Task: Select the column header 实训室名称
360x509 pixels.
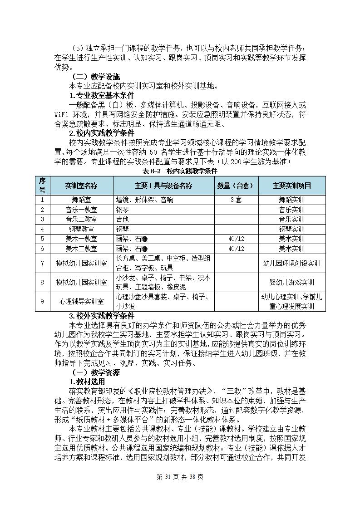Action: coord(81,186)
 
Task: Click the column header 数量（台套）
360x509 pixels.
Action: coord(236,186)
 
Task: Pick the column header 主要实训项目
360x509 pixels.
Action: coord(291,186)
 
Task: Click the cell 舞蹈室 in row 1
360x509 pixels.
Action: coord(81,200)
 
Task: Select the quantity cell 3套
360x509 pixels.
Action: coord(236,200)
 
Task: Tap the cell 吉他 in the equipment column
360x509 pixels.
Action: coord(123,219)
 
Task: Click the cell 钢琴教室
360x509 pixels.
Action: coord(81,229)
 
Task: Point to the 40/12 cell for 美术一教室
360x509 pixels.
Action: coord(236,239)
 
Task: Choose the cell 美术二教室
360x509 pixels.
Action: coord(81,249)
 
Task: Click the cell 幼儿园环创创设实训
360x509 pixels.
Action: coord(291,263)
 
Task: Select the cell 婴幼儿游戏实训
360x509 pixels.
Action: coord(291,282)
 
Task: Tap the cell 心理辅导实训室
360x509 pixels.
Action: coord(81,302)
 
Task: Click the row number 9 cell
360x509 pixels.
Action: coord(42,302)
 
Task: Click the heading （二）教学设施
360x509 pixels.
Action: coord(94,76)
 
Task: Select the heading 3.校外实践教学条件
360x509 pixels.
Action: coord(101,316)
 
